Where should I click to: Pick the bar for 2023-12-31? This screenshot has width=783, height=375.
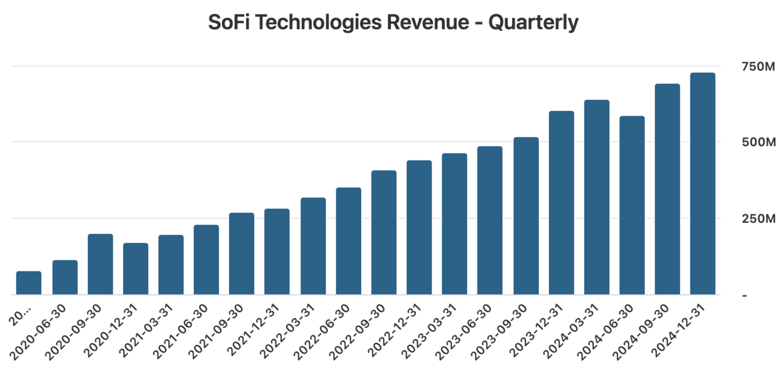pyautogui.click(x=561, y=203)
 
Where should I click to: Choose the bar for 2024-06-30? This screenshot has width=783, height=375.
pyautogui.click(x=632, y=205)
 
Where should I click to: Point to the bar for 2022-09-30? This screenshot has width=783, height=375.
pyautogui.click(x=384, y=233)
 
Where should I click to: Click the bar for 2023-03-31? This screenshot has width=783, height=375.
pyautogui.click(x=455, y=224)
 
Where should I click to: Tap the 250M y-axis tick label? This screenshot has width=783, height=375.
pyautogui.click(x=758, y=219)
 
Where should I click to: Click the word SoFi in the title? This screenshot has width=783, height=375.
pyautogui.click(x=228, y=23)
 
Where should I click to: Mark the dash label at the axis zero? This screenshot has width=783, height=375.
pyautogui.click(x=744, y=295)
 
